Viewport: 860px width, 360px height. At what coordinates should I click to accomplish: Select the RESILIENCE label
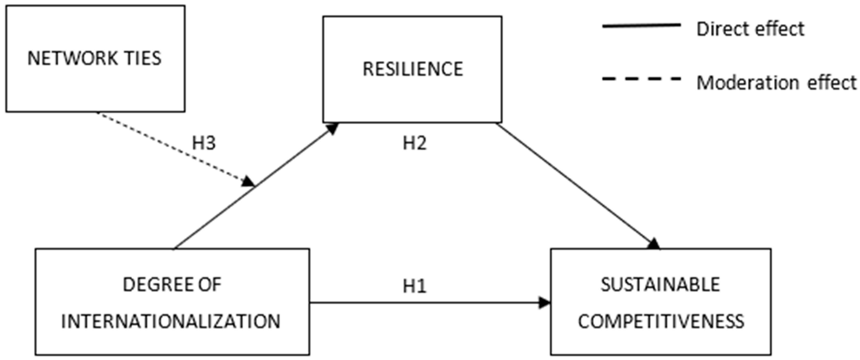(413, 69)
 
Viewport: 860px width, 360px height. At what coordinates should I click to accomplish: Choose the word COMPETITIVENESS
(661, 321)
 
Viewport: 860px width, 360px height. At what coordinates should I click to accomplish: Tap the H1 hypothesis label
(414, 286)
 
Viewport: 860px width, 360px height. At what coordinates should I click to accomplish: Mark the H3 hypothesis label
(204, 143)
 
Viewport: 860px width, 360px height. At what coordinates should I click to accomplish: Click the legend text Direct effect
(750, 29)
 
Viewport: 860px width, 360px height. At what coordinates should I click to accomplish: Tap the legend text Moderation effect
(776, 82)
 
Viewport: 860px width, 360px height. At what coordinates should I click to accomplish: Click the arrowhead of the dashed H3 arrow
(249, 182)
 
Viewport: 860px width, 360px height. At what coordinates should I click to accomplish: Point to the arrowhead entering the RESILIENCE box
(332, 128)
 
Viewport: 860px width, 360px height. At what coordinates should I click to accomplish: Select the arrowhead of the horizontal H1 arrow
(544, 303)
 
